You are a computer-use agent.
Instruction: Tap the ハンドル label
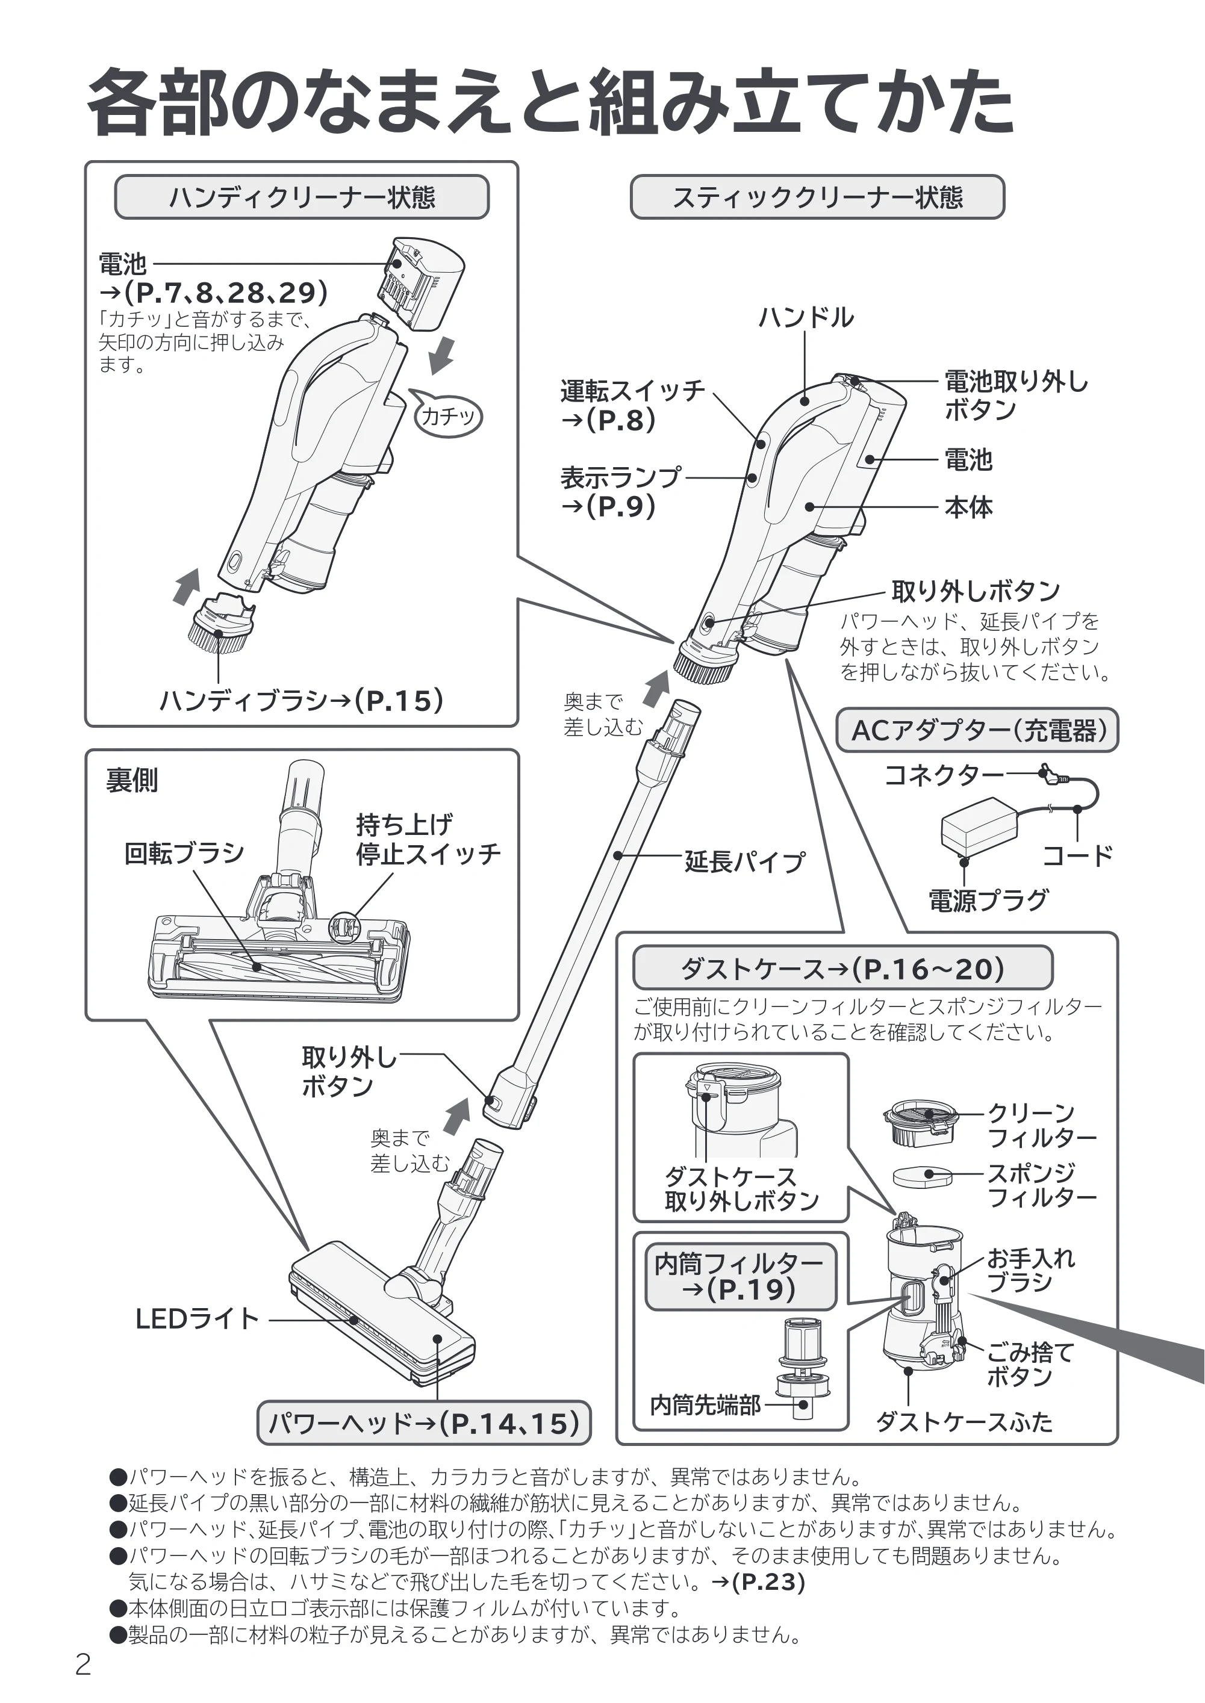[x=805, y=317]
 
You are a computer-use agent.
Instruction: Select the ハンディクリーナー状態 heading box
[x=301, y=197]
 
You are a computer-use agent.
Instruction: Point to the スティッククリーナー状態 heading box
[x=817, y=197]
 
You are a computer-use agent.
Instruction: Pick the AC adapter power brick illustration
[x=979, y=827]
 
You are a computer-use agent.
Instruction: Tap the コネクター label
[x=943, y=776]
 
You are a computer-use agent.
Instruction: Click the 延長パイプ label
[x=744, y=862]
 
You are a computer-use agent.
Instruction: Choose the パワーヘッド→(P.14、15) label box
[x=424, y=1423]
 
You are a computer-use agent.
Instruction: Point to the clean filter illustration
[x=921, y=1125]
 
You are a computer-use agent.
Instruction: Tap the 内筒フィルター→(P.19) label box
[x=741, y=1277]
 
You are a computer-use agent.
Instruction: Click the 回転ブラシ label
[x=184, y=854]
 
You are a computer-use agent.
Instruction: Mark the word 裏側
[x=131, y=780]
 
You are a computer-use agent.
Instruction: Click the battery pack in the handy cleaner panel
[x=421, y=282]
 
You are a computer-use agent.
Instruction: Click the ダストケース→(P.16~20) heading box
[x=843, y=968]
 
